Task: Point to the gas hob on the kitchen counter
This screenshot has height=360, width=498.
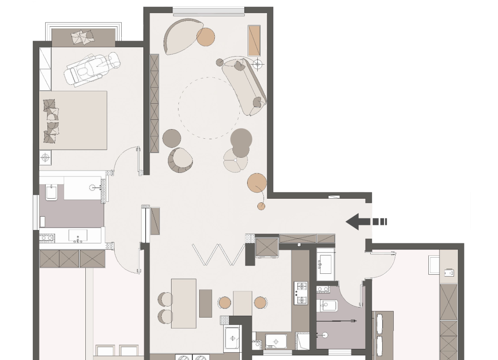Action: coord(301,293)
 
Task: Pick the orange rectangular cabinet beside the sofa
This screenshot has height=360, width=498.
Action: coord(254,41)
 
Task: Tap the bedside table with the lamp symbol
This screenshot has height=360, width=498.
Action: coord(45,158)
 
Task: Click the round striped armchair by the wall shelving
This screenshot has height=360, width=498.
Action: coord(180,159)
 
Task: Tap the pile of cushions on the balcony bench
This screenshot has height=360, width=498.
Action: coord(83,37)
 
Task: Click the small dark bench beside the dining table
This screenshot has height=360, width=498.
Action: coord(206,303)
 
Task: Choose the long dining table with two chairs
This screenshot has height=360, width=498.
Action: coord(184,303)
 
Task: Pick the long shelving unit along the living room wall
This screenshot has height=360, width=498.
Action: coord(154,103)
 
